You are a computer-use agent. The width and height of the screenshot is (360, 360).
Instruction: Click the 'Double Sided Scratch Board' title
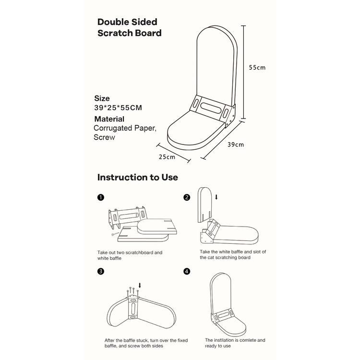click(x=129, y=27)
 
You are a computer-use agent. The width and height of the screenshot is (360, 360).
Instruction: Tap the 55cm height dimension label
click(x=257, y=68)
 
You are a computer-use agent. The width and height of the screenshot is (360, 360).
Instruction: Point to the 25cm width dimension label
click(x=167, y=156)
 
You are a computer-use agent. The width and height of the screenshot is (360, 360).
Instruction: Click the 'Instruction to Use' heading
click(x=137, y=177)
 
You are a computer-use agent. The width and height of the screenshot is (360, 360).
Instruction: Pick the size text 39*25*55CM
click(x=118, y=107)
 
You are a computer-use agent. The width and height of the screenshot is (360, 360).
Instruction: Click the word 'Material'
click(x=109, y=119)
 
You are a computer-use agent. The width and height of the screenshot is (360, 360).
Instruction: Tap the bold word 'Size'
click(x=102, y=98)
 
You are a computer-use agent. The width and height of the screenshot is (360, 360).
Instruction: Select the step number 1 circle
click(x=100, y=197)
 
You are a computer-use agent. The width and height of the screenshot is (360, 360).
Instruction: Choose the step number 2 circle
click(x=187, y=197)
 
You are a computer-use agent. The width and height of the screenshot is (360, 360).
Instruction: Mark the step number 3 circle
click(x=100, y=271)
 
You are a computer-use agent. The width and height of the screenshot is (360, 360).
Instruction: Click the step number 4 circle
click(x=187, y=271)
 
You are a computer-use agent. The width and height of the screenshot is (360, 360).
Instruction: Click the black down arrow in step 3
click(x=139, y=286)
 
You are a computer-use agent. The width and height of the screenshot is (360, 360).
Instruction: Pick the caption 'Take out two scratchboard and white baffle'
click(x=130, y=255)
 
